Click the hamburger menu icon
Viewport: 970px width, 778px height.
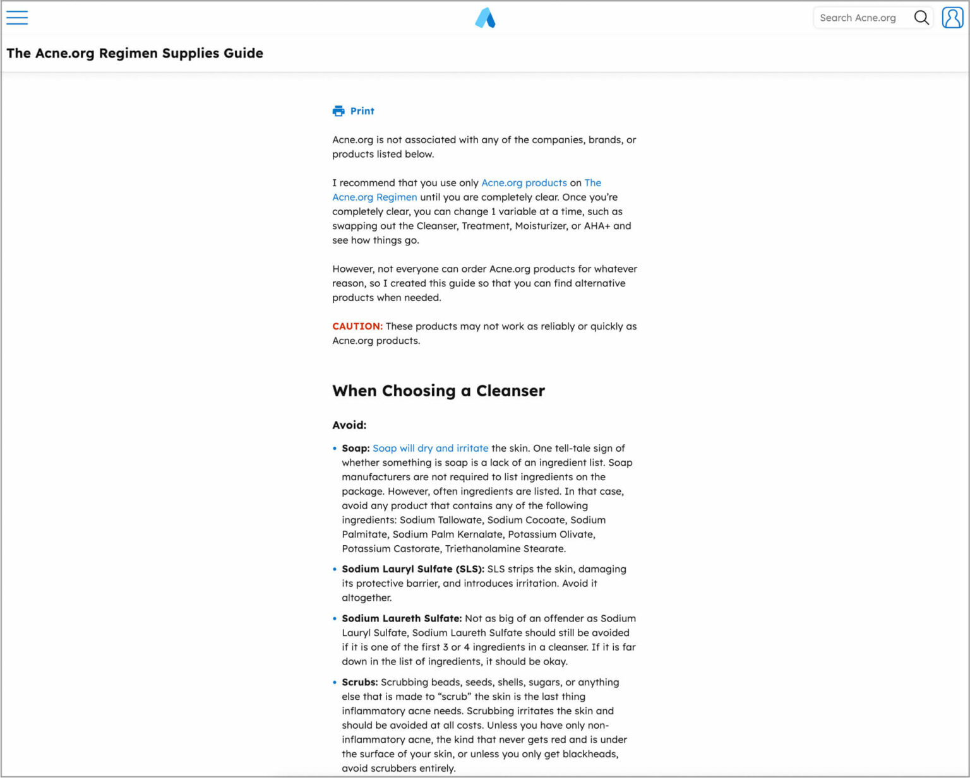(17, 18)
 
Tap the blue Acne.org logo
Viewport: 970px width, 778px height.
(485, 18)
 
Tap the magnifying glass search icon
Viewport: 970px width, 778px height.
(921, 18)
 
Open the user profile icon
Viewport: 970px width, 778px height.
(952, 18)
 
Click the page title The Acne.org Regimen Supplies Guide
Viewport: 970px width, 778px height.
(135, 53)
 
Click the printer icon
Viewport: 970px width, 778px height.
(338, 111)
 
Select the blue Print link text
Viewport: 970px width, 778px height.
(362, 111)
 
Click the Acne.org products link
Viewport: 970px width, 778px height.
(524, 183)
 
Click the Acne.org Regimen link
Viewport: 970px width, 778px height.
(374, 197)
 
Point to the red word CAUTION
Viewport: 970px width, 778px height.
(357, 326)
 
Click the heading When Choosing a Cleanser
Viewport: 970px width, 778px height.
(438, 391)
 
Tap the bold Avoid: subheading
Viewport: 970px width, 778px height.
(349, 425)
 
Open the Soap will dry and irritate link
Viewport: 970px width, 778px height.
(430, 448)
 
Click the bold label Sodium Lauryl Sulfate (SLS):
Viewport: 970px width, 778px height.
(413, 569)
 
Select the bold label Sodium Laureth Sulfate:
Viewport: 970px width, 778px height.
(402, 618)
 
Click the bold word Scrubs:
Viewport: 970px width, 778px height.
(359, 682)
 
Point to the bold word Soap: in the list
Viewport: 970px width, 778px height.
(356, 448)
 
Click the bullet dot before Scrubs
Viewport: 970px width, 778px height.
(335, 682)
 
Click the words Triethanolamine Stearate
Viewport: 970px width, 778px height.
(505, 549)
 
